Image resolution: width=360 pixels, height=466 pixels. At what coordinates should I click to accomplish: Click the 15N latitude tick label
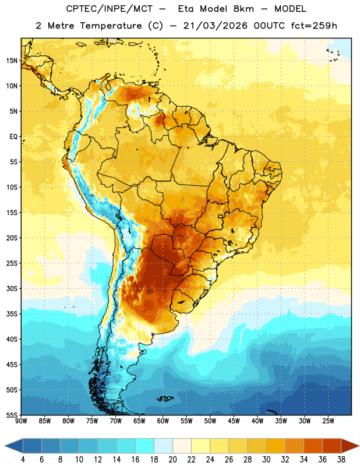pyautogui.click(x=12, y=61)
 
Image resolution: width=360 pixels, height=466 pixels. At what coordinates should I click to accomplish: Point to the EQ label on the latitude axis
pyautogui.click(x=13, y=137)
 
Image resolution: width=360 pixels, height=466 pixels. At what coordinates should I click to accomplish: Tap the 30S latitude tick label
pyautogui.click(x=12, y=288)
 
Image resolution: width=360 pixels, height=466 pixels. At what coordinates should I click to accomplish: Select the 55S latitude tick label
pyautogui.click(x=12, y=415)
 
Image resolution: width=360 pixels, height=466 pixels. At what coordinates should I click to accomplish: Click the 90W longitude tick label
pyautogui.click(x=22, y=421)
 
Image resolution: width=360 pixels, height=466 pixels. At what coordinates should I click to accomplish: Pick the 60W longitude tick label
pyautogui.click(x=163, y=421)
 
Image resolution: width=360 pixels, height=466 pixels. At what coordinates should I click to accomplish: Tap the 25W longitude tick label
pyautogui.click(x=328, y=421)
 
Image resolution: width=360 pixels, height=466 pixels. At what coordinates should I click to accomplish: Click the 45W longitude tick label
pyautogui.click(x=234, y=421)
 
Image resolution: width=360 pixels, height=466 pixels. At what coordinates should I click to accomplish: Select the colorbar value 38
pyautogui.click(x=341, y=460)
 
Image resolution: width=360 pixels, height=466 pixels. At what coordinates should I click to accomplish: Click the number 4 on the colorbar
pyautogui.click(x=23, y=460)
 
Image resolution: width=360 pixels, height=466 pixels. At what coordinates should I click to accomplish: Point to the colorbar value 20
pyautogui.click(x=172, y=460)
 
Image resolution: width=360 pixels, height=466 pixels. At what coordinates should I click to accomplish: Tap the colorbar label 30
pyautogui.click(x=266, y=460)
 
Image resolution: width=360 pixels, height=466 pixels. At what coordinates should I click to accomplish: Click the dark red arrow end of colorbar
pyautogui.click(x=350, y=446)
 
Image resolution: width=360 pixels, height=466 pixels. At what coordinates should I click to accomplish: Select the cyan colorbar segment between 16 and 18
pyautogui.click(x=145, y=446)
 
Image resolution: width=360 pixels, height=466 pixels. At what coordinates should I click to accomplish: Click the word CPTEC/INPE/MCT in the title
pyautogui.click(x=110, y=9)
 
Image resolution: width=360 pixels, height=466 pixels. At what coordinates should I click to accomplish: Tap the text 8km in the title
pyautogui.click(x=243, y=9)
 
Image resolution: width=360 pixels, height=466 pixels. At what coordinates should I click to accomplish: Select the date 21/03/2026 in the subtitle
pyautogui.click(x=215, y=26)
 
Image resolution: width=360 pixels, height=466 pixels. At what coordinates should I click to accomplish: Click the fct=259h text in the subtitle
pyautogui.click(x=314, y=26)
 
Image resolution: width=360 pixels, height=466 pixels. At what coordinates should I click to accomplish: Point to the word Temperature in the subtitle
pyautogui.click(x=111, y=26)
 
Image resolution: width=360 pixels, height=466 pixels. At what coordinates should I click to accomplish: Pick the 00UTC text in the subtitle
pyautogui.click(x=269, y=26)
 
